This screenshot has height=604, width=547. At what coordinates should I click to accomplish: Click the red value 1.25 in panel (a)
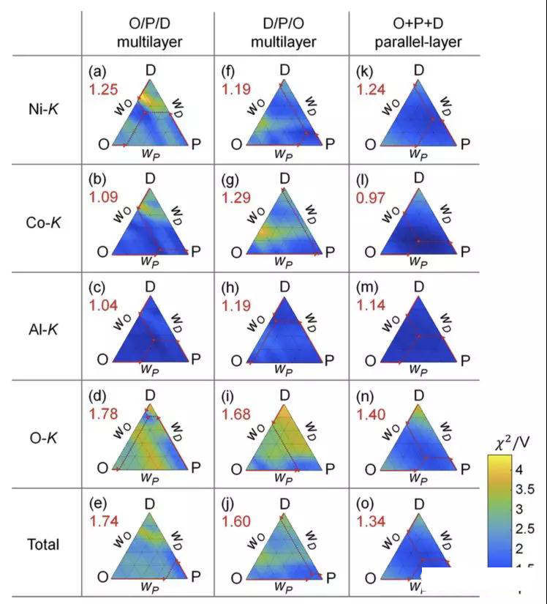coord(103,89)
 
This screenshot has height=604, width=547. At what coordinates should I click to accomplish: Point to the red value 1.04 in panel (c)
coord(103,306)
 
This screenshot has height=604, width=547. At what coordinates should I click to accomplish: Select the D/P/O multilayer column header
coord(283,34)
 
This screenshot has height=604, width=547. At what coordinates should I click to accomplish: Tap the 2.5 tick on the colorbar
coord(526,529)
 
